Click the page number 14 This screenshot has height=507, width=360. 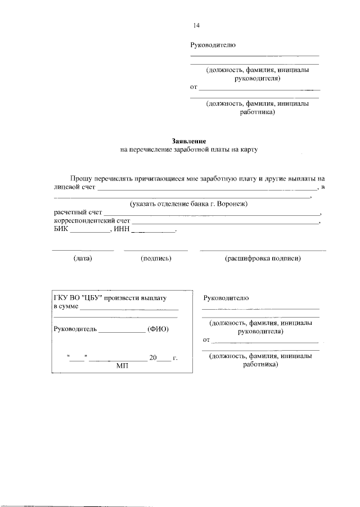196,25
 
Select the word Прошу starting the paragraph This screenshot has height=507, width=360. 81,178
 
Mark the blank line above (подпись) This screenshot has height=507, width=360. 156,250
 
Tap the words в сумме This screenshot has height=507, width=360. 66,307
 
